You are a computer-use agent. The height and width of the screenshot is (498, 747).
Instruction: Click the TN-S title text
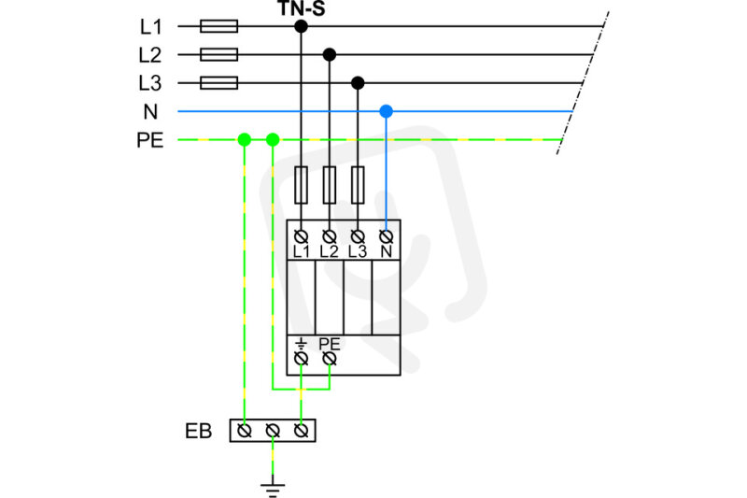[301, 8]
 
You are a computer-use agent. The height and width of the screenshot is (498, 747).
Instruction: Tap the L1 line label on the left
[150, 27]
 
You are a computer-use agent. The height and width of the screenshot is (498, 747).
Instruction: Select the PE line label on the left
[150, 140]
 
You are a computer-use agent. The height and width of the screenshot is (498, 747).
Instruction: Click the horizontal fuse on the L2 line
[219, 55]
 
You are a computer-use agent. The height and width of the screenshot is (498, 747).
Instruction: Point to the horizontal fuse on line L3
[219, 83]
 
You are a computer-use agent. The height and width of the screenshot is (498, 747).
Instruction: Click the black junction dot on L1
[301, 26]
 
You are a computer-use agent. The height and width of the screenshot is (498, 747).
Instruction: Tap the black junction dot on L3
[358, 83]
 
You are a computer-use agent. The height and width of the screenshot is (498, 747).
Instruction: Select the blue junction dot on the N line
[386, 111]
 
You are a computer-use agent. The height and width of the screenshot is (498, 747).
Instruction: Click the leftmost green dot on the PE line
[245, 139]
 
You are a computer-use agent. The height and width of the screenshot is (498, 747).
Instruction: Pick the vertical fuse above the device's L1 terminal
[301, 185]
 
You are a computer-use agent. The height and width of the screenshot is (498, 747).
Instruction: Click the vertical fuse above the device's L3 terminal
[358, 185]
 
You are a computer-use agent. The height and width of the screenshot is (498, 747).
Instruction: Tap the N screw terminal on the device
[386, 235]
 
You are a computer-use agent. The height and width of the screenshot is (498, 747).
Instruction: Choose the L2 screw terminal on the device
[330, 235]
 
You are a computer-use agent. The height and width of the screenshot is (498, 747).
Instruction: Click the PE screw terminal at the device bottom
[330, 359]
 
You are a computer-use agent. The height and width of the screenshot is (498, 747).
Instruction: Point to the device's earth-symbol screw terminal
[301, 359]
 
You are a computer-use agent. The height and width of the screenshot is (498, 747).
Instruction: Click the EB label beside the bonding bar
[198, 431]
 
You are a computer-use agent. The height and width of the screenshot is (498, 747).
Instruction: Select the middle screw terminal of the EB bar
[273, 431]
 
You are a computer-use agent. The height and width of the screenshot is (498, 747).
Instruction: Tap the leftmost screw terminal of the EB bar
[245, 431]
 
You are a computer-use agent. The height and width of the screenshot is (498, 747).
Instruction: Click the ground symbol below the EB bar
[273, 490]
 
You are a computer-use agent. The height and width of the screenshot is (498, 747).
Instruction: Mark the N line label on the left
[150, 111]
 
